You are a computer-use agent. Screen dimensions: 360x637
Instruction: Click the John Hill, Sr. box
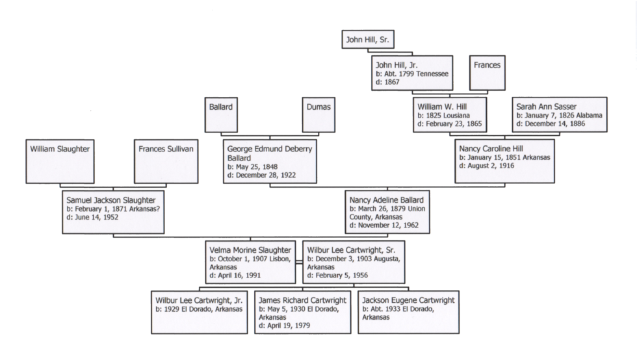tap(368, 40)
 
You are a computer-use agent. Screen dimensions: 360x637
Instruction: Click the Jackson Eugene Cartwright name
tap(408, 300)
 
